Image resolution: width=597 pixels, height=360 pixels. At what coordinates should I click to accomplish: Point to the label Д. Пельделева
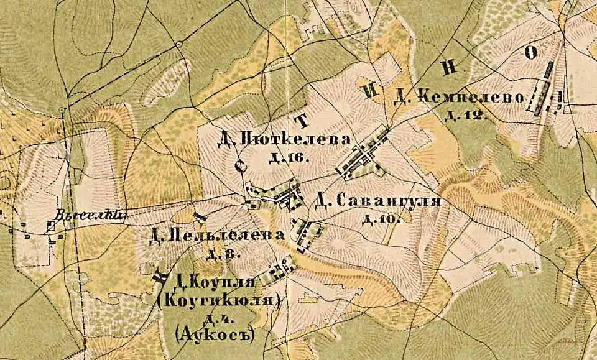(218, 236)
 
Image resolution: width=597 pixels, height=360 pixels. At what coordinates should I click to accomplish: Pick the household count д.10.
(376, 218)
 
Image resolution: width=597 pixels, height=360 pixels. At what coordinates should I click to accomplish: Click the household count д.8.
(223, 254)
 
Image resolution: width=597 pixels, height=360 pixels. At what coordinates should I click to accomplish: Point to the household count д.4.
(218, 319)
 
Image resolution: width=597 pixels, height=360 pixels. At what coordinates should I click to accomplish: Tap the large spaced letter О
(530, 53)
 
